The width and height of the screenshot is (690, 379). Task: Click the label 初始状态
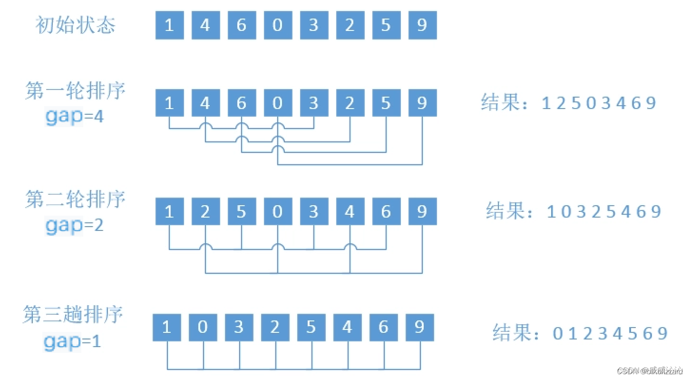pos(76,25)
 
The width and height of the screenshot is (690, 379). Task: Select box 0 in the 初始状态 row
pos(278,25)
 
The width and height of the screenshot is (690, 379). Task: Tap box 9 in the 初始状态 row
pos(422,25)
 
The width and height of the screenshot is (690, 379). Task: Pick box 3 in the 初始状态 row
pos(314,25)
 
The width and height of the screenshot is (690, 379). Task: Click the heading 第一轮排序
pos(76,91)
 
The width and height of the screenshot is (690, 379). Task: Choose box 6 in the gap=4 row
pos(242,103)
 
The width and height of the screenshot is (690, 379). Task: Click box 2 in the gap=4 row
pos(350,103)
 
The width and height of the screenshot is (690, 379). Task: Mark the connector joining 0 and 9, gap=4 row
pos(350,164)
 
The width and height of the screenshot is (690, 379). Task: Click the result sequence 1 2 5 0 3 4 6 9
pos(599,103)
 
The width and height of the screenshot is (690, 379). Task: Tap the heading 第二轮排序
pos(76,199)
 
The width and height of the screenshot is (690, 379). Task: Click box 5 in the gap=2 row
pos(242,211)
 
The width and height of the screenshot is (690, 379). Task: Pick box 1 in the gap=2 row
pos(169,211)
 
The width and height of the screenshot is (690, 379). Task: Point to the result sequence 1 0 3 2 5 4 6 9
pos(604,211)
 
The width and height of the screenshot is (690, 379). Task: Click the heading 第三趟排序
pos(74,315)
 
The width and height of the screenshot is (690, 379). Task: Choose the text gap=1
pos(73,341)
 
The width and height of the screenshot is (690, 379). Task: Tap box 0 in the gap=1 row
pos(203,328)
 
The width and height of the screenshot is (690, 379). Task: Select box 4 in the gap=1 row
pos(347,328)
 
